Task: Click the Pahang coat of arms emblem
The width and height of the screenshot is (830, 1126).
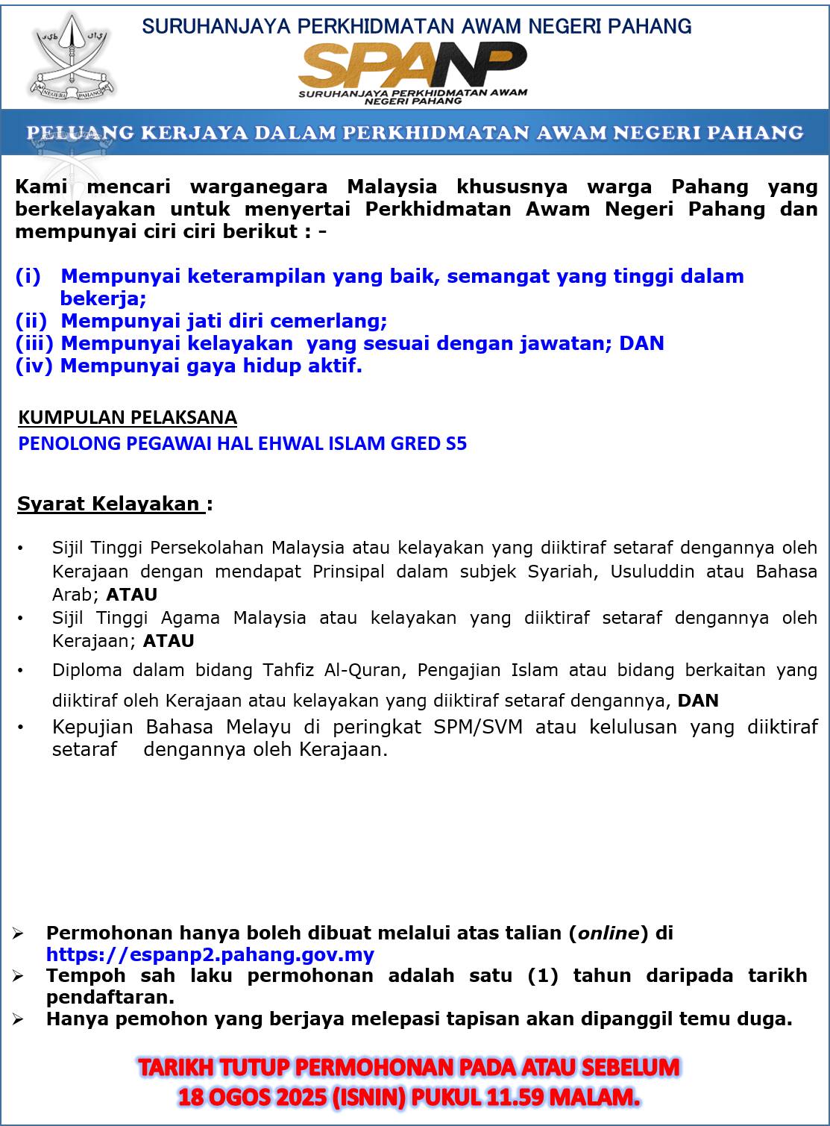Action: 73,58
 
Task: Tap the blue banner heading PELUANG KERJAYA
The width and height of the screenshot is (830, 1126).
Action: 415,133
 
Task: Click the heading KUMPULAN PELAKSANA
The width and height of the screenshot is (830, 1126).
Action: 128,417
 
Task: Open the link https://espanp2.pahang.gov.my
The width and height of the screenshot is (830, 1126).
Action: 210,954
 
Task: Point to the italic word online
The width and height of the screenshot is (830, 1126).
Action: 609,933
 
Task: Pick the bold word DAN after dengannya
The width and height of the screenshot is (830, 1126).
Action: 697,701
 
